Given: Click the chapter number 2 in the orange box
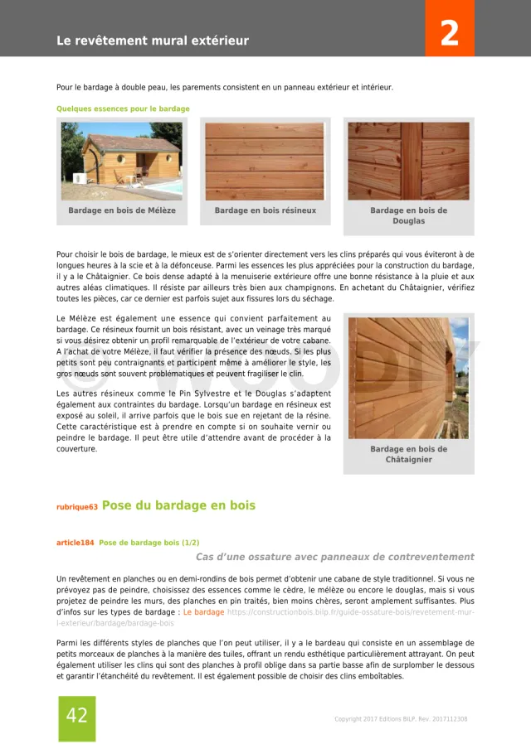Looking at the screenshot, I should coord(450,34).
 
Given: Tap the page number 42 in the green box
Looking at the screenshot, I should coord(76,716).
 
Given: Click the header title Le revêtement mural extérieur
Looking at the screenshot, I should coord(153,41).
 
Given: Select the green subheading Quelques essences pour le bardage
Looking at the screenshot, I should coord(123,109).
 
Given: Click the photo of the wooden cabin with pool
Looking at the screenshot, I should coord(122,161).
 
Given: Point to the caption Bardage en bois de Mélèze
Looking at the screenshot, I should coord(122,210).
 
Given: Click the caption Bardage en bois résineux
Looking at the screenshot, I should coord(265,210).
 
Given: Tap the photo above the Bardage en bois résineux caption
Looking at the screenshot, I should coord(265,161).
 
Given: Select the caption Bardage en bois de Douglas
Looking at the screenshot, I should coord(408,215).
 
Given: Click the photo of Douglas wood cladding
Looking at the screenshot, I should coord(408,161).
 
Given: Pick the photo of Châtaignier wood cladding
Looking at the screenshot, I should coord(408,378).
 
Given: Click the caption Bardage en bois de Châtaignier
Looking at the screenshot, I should coord(408,454).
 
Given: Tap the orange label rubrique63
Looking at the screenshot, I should coord(76,507).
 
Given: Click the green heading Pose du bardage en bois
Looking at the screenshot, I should coord(178,505).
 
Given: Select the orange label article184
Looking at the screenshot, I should coord(75,543).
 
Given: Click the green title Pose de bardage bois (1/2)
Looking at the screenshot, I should coord(149,543).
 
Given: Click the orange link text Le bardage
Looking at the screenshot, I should coord(203,612).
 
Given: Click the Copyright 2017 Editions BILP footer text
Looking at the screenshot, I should coord(401,719).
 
